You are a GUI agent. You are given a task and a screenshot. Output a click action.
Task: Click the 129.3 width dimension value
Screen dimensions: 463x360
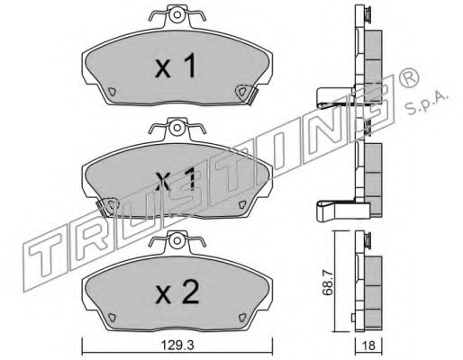coord(177,346)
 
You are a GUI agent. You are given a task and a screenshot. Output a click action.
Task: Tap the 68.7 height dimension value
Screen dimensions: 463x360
coord(327,283)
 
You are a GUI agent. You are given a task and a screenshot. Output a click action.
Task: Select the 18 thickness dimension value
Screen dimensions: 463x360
coord(369,346)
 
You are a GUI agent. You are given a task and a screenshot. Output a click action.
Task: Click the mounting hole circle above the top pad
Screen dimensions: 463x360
coord(177,14)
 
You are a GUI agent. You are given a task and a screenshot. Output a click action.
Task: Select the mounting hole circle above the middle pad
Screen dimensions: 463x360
coord(177,128)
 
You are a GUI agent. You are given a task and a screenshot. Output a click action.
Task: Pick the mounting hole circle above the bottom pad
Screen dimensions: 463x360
coord(177,240)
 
